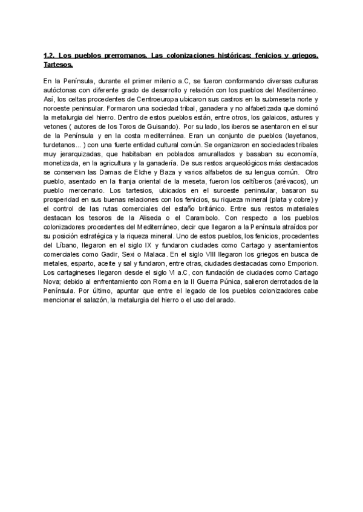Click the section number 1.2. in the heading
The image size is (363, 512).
click(49, 56)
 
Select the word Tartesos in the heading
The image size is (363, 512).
click(58, 64)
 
